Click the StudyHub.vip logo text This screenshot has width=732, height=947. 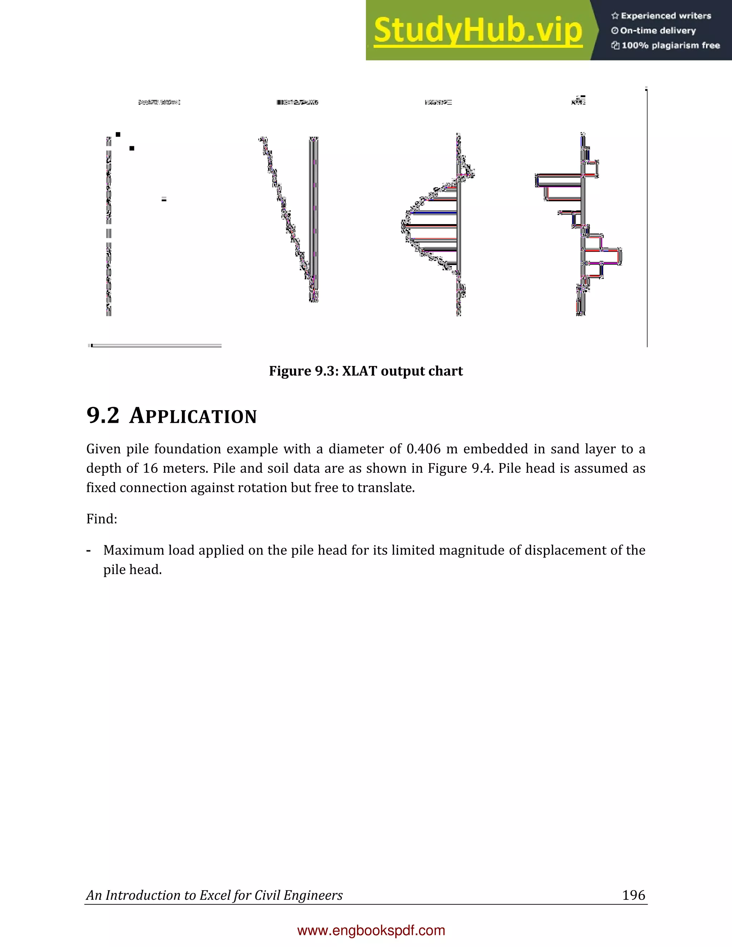click(x=478, y=30)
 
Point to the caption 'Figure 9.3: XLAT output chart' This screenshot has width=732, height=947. click(x=366, y=371)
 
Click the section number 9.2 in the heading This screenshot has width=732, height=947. click(x=103, y=415)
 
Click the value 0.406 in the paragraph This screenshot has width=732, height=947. click(x=423, y=449)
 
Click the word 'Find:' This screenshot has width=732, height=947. click(x=102, y=519)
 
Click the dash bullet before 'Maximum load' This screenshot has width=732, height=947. click(x=89, y=551)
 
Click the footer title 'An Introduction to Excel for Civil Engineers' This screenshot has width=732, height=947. click(x=214, y=895)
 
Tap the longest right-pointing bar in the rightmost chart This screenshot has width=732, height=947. click(x=603, y=256)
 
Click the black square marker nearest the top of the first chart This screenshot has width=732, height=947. click(x=118, y=134)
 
